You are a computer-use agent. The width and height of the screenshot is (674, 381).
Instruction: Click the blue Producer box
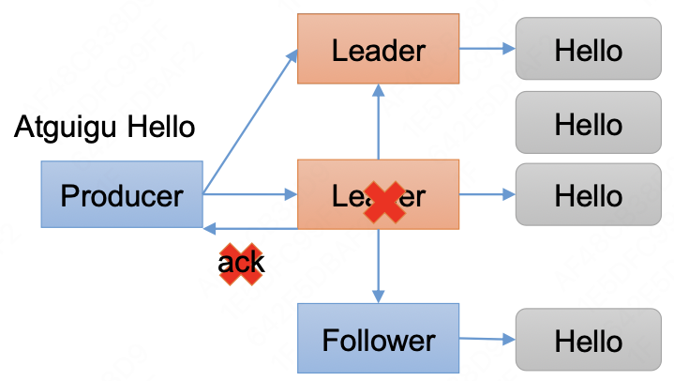(122, 194)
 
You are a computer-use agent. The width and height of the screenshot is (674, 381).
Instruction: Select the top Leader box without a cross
(378, 48)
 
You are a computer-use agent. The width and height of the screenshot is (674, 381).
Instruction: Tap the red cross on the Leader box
(385, 201)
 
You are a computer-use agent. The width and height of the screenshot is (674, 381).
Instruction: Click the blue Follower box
(378, 339)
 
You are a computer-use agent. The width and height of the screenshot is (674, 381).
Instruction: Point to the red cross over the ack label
(241, 264)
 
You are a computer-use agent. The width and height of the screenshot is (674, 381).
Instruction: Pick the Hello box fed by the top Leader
(588, 49)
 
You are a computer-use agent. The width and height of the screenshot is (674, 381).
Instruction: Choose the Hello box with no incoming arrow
(588, 123)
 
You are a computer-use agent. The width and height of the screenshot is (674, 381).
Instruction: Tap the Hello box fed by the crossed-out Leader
(588, 195)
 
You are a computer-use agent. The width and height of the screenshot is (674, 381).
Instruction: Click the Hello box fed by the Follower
(588, 340)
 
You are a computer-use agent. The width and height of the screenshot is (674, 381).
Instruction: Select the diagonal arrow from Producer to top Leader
(249, 121)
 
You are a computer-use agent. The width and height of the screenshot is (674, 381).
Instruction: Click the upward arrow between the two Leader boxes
(378, 122)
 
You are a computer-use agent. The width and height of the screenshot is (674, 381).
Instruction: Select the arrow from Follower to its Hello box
(487, 339)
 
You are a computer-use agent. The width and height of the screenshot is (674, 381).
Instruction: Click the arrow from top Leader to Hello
(487, 49)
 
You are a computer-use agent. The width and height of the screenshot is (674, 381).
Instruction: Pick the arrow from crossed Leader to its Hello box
(487, 195)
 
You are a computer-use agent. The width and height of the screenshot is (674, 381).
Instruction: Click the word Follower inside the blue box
(378, 340)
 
